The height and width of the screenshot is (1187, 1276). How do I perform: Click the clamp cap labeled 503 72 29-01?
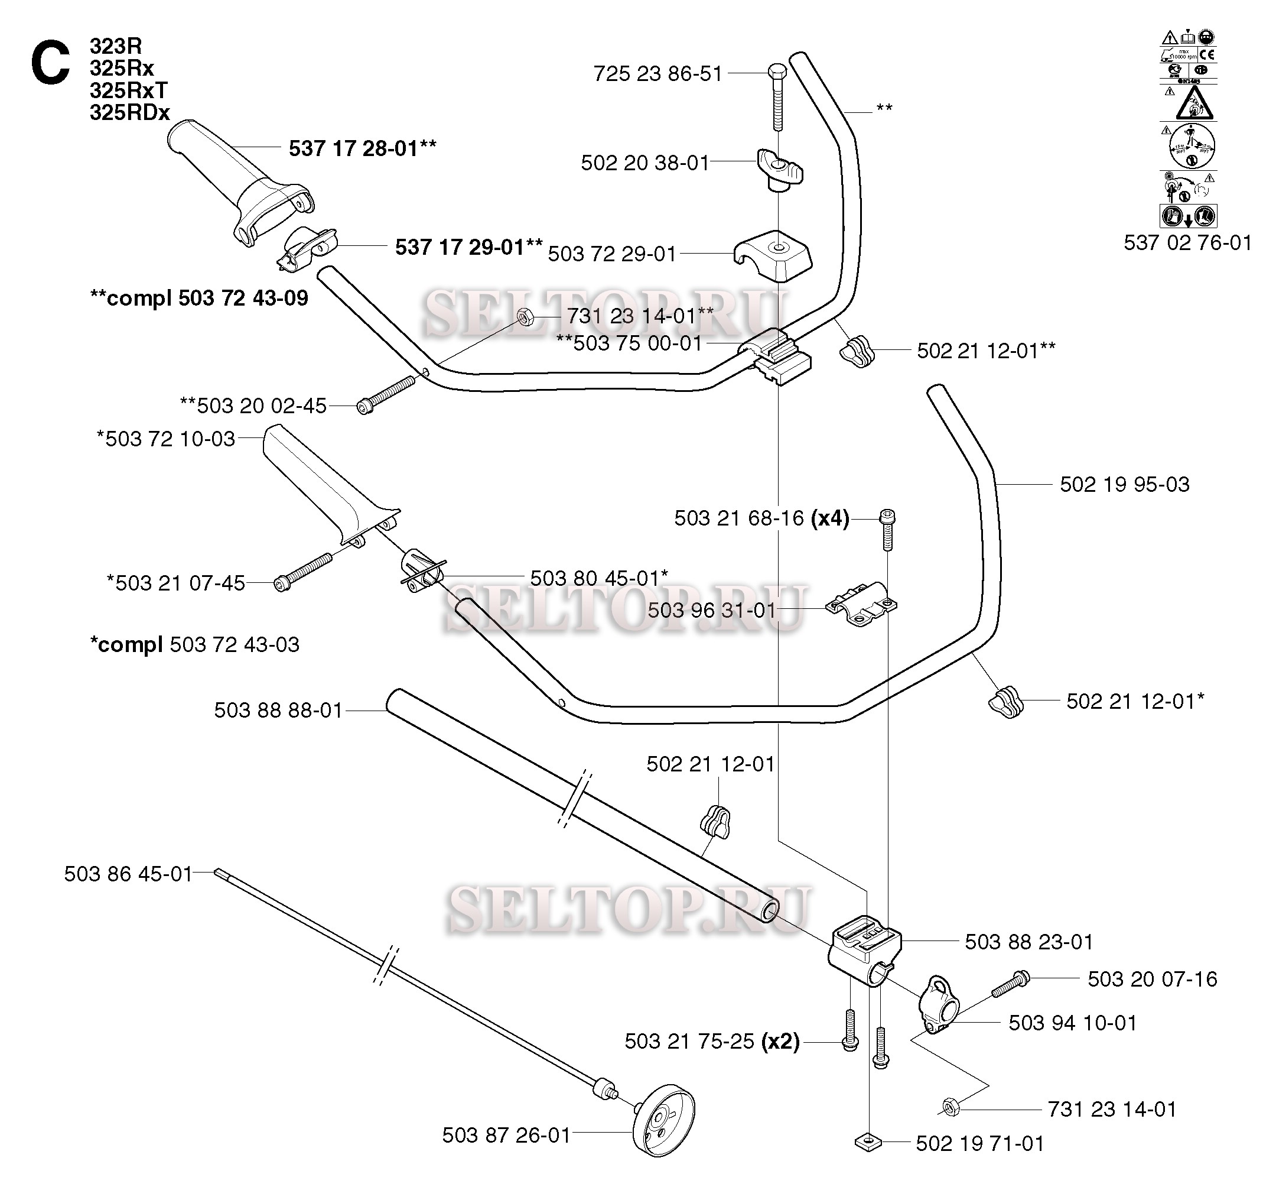click(x=773, y=255)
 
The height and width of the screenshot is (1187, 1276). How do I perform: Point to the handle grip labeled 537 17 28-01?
click(x=237, y=180)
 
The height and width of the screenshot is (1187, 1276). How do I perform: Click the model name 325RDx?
click(x=129, y=113)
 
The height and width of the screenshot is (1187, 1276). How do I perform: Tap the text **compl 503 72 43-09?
click(x=200, y=298)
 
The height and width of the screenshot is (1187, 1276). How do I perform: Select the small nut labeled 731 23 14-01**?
click(x=524, y=316)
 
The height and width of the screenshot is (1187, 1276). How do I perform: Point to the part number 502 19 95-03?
click(x=1125, y=484)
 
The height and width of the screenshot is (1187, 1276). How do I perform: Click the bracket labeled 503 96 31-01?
click(x=861, y=603)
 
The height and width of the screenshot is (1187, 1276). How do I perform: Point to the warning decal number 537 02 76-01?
click(x=1187, y=243)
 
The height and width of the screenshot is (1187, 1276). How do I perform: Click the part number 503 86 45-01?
click(x=128, y=874)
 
